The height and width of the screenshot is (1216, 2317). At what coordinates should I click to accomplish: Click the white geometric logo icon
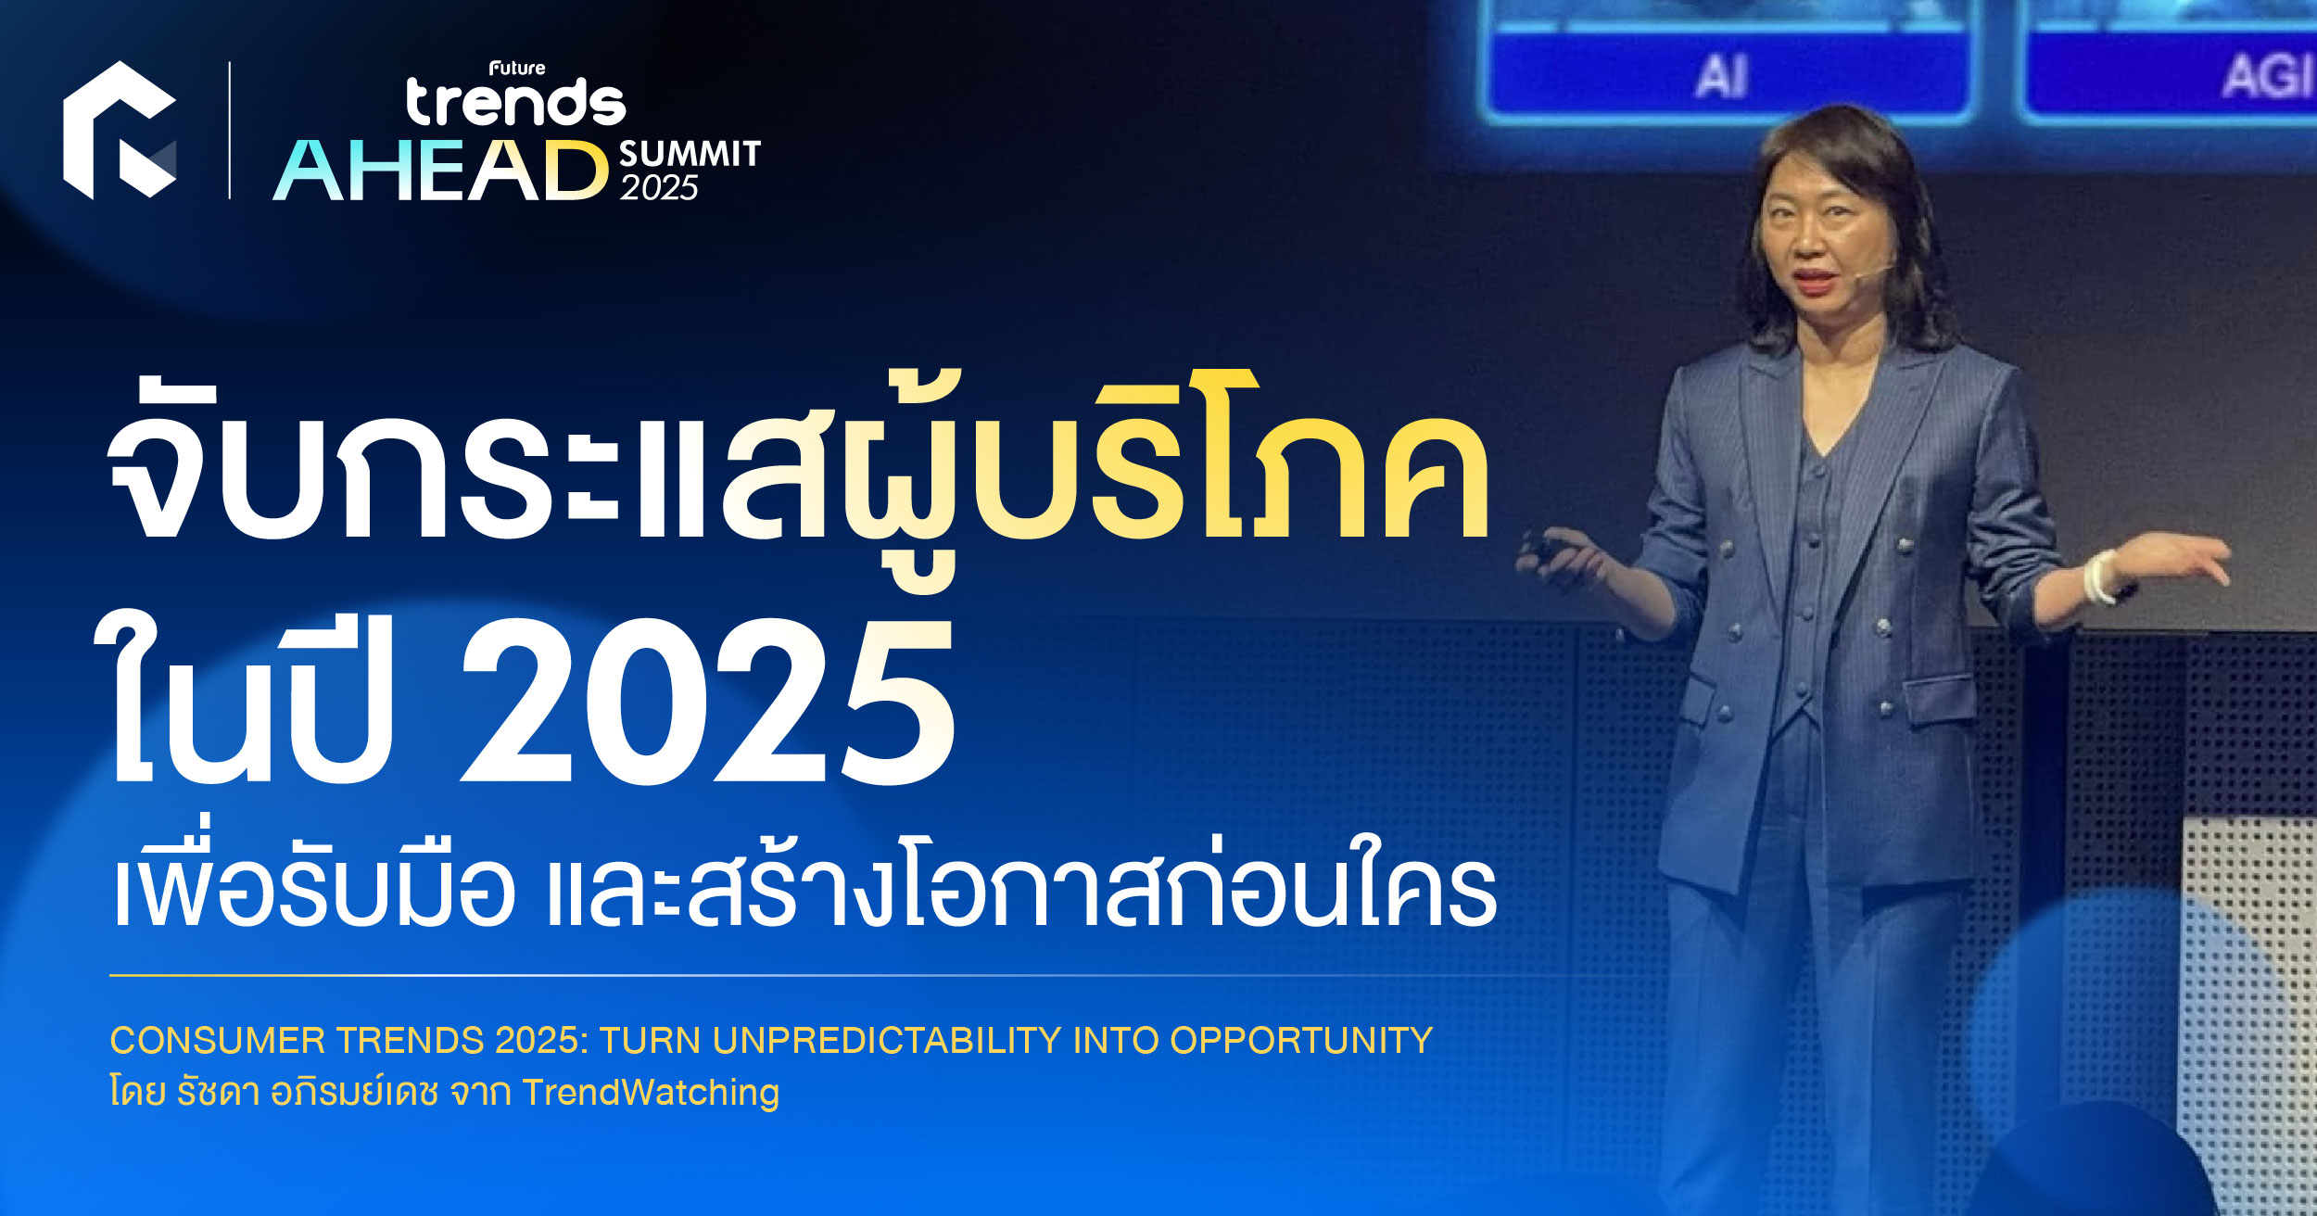[x=119, y=130]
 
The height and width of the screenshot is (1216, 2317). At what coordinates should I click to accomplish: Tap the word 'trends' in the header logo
[x=516, y=103]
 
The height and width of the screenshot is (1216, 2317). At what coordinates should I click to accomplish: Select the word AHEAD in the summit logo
[x=440, y=171]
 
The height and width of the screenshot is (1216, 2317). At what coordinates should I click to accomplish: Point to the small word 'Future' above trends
[x=517, y=68]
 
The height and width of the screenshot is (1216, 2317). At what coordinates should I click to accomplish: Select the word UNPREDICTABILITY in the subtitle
[x=887, y=1040]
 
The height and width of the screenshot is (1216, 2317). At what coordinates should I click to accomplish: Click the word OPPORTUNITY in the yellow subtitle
[x=1301, y=1040]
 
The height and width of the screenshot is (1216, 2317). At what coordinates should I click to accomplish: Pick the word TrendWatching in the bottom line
[x=651, y=1092]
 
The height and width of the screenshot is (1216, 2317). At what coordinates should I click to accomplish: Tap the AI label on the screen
[x=1721, y=76]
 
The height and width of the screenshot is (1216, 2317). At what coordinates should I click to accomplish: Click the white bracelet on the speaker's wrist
[x=2100, y=576]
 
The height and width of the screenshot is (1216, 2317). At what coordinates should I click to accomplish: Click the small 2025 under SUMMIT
[x=659, y=188]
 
